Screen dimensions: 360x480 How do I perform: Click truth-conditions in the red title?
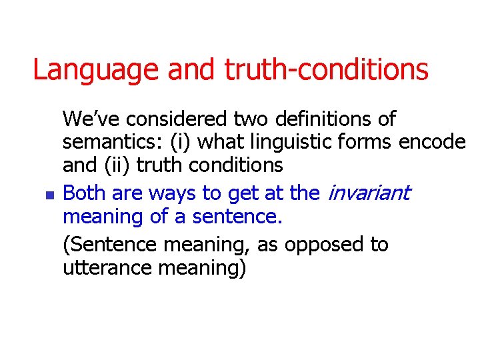pos(326,69)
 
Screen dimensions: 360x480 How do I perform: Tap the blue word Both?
pos(85,194)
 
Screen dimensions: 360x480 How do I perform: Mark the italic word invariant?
pos(368,194)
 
